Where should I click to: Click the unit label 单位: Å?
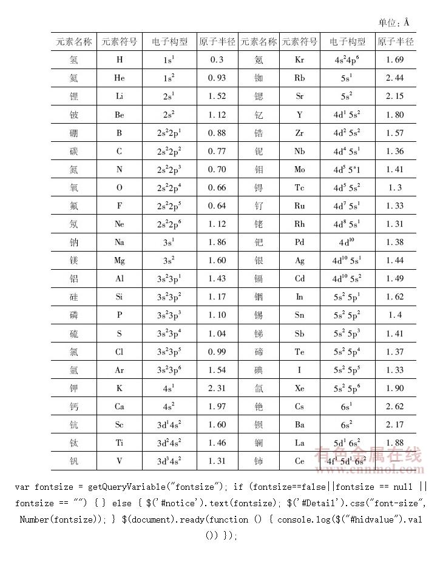394,22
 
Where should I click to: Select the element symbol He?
119,78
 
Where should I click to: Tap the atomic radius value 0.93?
217,78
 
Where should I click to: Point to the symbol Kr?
299,60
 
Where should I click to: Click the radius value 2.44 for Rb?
394,78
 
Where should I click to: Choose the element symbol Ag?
299,261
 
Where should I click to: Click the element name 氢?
74,60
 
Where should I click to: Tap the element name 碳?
74,152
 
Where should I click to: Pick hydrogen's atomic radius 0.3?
217,60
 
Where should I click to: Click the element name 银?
259,261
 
